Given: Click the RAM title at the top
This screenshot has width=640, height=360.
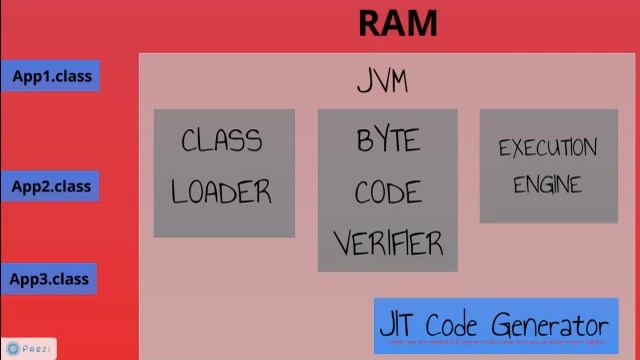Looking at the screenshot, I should tap(397, 23).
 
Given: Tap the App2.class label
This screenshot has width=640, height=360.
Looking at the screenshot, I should tap(50, 187).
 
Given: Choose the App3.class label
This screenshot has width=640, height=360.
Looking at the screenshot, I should tap(50, 279).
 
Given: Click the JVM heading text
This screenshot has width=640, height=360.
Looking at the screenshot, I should tap(382, 81).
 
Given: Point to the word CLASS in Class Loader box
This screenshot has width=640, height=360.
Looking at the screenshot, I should tap(221, 141).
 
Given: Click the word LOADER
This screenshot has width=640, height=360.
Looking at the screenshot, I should tap(221, 191).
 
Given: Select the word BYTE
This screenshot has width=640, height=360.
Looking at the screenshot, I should tap(388, 141).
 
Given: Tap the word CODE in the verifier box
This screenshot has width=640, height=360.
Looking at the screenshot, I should tap(387, 192).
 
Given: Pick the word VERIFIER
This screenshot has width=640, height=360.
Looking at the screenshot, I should tap(388, 243).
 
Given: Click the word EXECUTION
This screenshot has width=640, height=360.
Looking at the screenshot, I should tap(547, 149).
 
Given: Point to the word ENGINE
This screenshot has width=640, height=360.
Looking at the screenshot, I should tap(547, 185).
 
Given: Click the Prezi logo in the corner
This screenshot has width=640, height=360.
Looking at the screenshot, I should tap(28, 349).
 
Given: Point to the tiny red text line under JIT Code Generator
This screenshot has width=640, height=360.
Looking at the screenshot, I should tap(496, 343).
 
